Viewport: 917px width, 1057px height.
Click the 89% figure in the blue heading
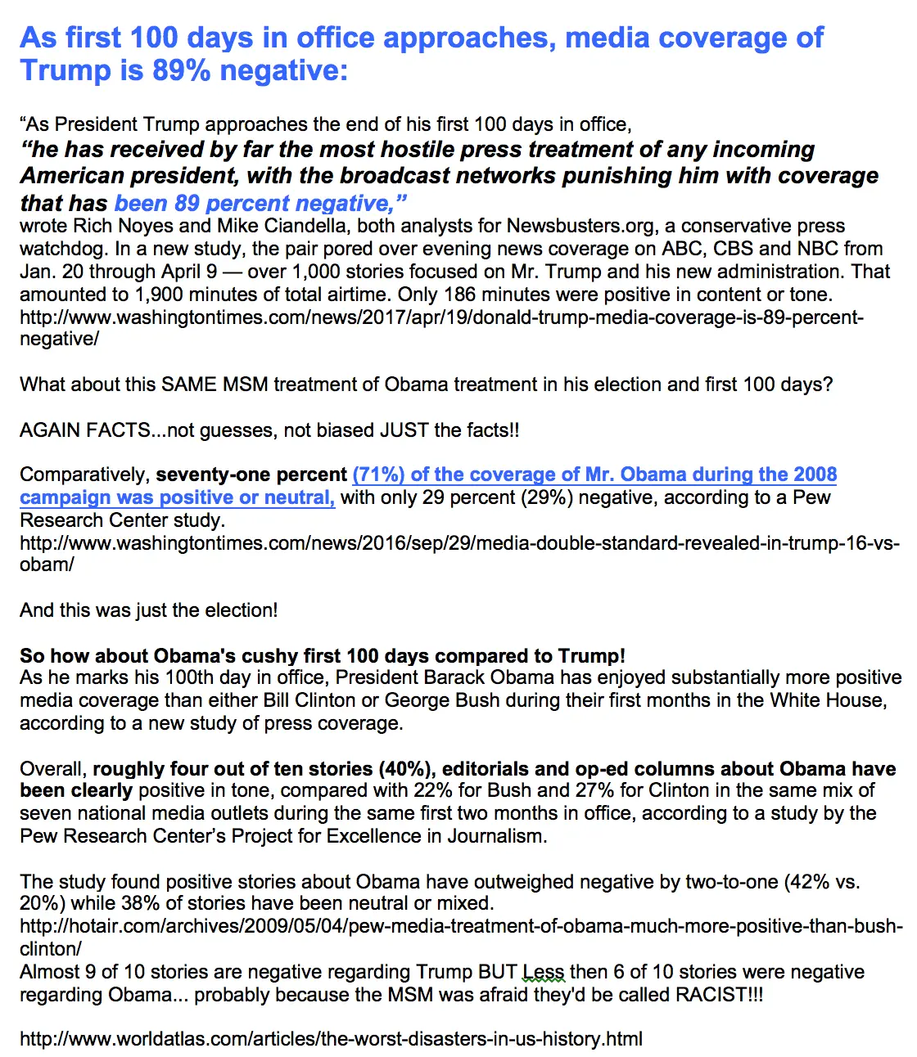[x=181, y=70]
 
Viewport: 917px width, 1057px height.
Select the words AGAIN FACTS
[x=85, y=430]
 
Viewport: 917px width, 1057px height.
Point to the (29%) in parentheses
[x=546, y=497]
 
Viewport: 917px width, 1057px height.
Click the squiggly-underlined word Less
[x=544, y=972]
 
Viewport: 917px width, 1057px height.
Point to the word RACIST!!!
[x=719, y=995]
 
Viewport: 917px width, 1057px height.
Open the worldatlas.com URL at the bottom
[x=331, y=1039]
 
